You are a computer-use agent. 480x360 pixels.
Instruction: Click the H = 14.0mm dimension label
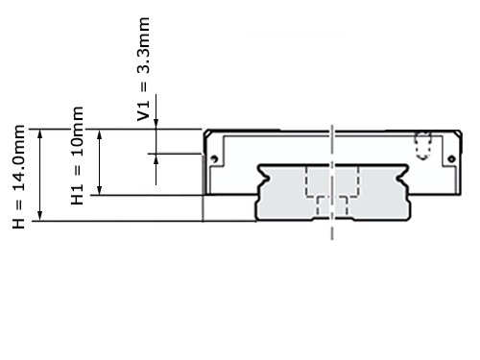(x=18, y=177)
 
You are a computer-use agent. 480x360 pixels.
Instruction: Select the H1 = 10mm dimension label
(x=77, y=156)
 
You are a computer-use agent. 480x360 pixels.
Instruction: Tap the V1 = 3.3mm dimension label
(x=143, y=69)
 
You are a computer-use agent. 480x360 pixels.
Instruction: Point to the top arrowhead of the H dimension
(x=40, y=134)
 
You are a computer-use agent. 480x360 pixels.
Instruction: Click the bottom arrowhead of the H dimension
(x=40, y=215)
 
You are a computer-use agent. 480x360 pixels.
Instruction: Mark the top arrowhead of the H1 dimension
(x=100, y=134)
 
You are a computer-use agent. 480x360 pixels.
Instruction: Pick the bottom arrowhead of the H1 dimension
(x=100, y=190)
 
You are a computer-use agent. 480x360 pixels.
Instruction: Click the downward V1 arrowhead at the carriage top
(x=156, y=124)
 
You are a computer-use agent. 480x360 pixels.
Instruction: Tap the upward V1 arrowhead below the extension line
(x=156, y=159)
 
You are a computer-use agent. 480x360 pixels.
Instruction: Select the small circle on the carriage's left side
(x=214, y=158)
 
